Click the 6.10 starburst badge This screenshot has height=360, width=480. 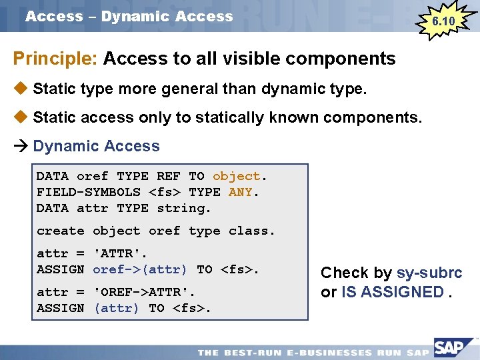443,21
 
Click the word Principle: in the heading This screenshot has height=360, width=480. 56,59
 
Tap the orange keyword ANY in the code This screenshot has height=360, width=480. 240,192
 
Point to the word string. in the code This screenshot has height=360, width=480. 184,208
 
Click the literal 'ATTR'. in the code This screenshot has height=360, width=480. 120,253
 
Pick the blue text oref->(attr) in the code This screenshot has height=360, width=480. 140,269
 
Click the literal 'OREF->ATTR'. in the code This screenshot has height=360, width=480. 144,292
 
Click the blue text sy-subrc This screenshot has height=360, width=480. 429,273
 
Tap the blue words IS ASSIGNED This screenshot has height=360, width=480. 393,292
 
